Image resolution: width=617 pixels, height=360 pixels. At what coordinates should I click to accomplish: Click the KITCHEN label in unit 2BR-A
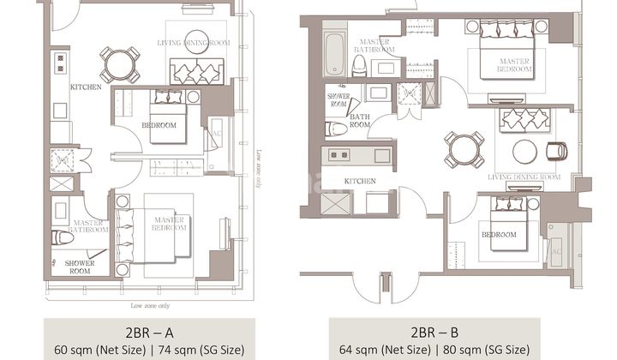pos(86,87)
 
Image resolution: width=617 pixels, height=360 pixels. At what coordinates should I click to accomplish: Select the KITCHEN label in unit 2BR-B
pos(361,181)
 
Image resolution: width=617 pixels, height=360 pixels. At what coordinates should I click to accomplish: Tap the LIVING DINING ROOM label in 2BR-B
pos(524,177)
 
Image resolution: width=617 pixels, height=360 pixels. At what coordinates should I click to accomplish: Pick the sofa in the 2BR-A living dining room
pos(197,70)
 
